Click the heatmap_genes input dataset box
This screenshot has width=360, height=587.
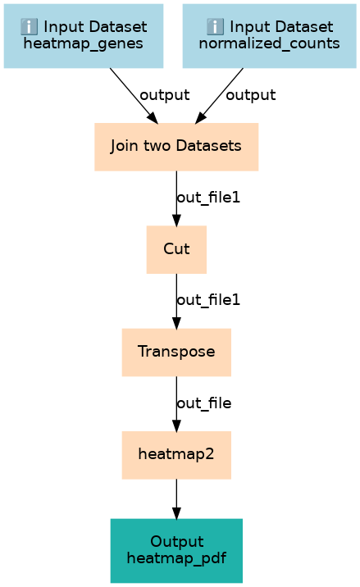point(84,36)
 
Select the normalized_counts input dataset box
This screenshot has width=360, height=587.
point(269,36)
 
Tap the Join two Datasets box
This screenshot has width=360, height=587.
point(176,147)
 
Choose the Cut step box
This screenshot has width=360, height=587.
point(176,249)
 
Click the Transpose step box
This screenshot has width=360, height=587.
point(176,353)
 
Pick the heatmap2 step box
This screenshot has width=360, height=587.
point(176,455)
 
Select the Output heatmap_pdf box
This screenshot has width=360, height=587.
point(176,551)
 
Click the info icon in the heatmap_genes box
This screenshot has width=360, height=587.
point(29,26)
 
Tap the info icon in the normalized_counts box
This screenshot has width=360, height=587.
point(215,26)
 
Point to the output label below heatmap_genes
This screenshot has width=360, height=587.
point(165,95)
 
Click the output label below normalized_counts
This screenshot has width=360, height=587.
point(251,95)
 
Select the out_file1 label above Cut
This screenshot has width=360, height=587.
point(208,198)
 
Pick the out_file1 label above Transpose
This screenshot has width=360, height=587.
point(208,300)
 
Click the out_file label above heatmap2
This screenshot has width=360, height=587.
point(204,403)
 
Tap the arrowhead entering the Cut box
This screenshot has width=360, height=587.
point(176,220)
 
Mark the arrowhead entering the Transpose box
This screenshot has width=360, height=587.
point(176,323)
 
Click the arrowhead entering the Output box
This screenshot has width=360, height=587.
point(176,513)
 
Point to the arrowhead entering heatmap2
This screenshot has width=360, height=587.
point(176,425)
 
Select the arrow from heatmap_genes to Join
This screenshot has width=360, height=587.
point(134,95)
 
